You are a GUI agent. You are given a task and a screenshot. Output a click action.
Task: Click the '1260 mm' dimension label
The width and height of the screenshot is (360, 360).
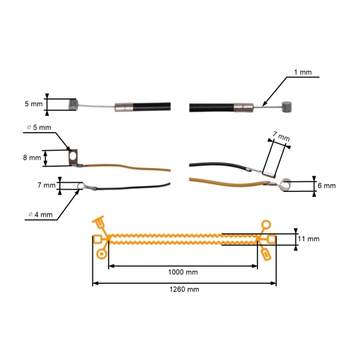click(x=184, y=289)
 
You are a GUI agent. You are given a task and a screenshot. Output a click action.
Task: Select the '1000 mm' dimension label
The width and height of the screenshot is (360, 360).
click(x=184, y=272)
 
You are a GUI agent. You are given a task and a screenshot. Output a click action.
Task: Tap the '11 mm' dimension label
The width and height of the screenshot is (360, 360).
click(x=310, y=239)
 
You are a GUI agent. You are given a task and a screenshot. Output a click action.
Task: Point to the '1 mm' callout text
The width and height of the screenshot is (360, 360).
click(x=302, y=72)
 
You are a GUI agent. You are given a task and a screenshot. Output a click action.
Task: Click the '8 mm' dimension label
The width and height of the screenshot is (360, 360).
click(x=32, y=158)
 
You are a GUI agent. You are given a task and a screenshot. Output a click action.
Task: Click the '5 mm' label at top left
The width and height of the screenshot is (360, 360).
click(x=34, y=104)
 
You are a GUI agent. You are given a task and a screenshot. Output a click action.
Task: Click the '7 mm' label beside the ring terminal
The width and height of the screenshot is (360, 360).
click(x=46, y=185)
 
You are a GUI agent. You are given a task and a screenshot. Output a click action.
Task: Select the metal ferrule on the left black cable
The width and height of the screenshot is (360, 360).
click(x=124, y=108)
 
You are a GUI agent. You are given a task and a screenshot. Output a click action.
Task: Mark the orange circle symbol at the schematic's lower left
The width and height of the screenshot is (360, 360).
click(x=101, y=253)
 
